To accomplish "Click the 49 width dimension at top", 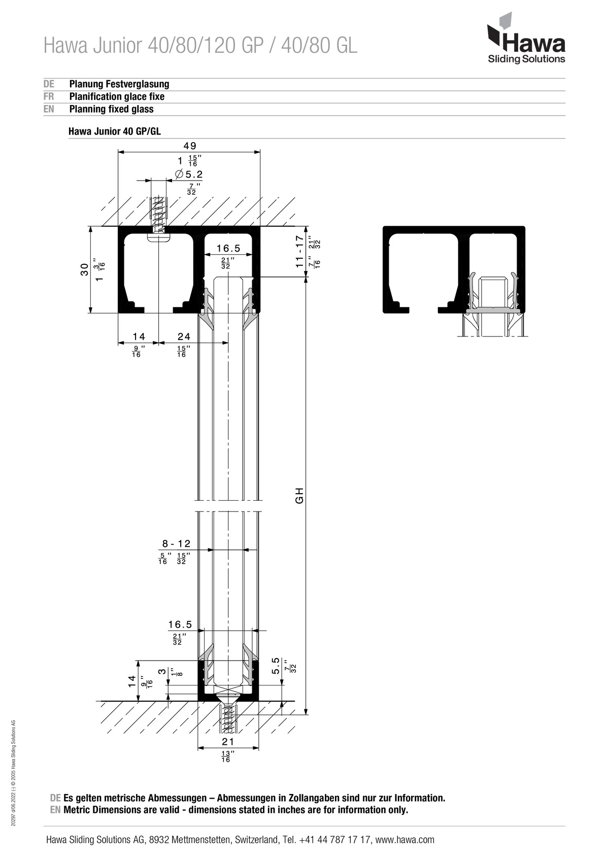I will point(190,146).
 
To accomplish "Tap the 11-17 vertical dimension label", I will point(300,251).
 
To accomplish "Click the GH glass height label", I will point(300,495).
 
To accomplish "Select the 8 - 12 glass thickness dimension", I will point(176,543).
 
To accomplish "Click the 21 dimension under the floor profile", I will point(228,741).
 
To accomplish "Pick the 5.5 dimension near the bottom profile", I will point(276,666).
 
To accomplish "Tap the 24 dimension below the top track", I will point(184,336).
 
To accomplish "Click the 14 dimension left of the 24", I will point(139,336).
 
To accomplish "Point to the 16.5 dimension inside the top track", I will point(228,249).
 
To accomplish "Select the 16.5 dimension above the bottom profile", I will point(180,624).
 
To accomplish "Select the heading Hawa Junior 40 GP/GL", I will point(115,131).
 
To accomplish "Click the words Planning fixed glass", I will point(111,109).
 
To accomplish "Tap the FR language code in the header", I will point(49,96).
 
